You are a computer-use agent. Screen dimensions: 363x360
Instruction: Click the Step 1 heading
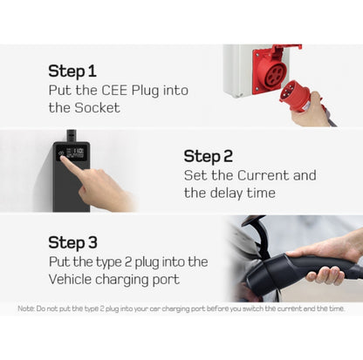pyautogui.click(x=72, y=71)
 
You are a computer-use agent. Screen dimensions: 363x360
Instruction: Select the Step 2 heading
pyautogui.click(x=209, y=156)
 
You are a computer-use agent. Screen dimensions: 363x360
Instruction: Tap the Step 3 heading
pyautogui.click(x=72, y=242)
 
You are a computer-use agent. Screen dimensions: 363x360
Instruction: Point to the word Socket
pyautogui.click(x=97, y=108)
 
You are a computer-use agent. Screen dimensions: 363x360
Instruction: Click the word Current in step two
pyautogui.click(x=264, y=175)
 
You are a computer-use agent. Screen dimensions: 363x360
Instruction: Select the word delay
pyautogui.click(x=227, y=193)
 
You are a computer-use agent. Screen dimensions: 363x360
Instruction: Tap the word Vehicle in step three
pyautogui.click(x=70, y=279)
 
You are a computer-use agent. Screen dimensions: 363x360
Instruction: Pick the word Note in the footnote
pyautogui.click(x=25, y=309)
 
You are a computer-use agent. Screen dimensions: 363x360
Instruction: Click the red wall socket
pyautogui.click(x=271, y=71)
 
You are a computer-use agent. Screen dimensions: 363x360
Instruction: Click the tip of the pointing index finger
pyautogui.click(x=62, y=157)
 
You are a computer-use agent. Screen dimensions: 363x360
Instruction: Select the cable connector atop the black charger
pyautogui.click(x=72, y=135)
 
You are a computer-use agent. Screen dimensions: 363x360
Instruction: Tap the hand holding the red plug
pyautogui.click(x=309, y=111)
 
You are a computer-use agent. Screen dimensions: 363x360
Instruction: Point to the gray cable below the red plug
pyautogui.click(x=330, y=115)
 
